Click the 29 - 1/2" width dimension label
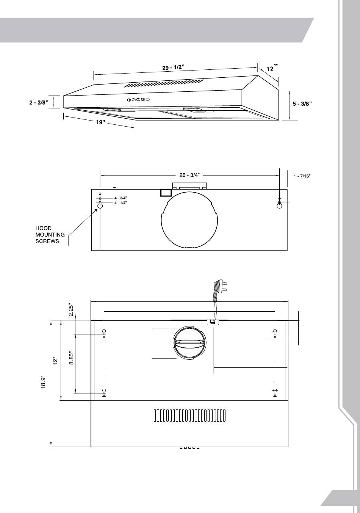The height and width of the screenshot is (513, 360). pos(174,67)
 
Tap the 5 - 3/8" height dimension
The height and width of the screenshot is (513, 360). pos(302,104)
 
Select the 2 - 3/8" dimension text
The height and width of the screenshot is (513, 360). pos(39,103)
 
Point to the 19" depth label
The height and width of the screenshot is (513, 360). pos(100,122)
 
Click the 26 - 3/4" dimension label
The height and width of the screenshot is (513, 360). pos(189,175)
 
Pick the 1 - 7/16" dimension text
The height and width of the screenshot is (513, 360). pos(302,176)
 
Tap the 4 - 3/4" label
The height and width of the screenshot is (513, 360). pos(121,198)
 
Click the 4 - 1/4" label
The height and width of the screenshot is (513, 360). pos(121,203)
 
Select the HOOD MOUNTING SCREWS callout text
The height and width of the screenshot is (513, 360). pos(50,235)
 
